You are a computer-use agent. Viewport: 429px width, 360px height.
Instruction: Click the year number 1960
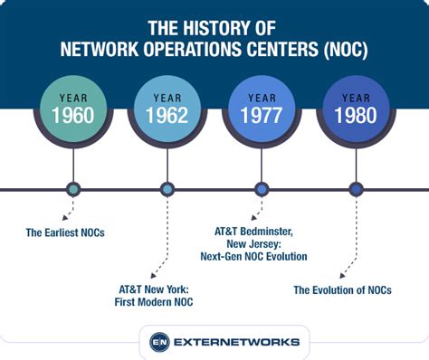[x=73, y=115]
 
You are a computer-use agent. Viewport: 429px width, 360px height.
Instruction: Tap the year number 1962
[x=167, y=115]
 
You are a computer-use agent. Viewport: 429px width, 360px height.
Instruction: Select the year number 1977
[x=262, y=115]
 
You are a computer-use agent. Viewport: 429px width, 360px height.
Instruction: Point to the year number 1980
[x=356, y=115]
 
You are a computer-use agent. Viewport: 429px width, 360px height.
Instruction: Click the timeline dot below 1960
[x=73, y=189]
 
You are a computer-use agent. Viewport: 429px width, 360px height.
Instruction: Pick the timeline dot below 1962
[x=167, y=189]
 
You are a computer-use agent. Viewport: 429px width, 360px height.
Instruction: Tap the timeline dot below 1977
[x=262, y=189]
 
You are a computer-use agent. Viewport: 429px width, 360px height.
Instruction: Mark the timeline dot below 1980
[x=356, y=189]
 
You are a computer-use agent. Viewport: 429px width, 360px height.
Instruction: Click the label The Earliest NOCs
[x=65, y=232]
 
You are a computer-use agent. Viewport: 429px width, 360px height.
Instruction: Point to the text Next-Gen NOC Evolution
[x=255, y=256]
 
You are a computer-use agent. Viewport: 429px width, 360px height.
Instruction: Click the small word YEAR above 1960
[x=73, y=96]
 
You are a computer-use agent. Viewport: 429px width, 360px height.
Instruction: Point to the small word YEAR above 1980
[x=356, y=96]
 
